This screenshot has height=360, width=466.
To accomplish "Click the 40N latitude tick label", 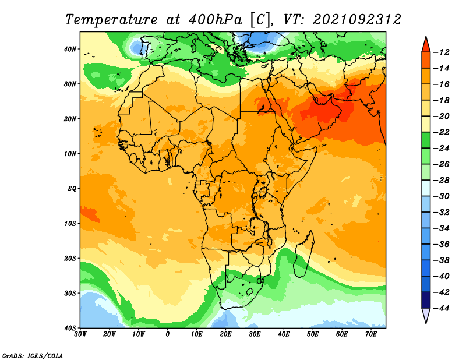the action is pos(70,49).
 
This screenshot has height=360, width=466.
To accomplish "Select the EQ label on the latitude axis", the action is pos(72,189).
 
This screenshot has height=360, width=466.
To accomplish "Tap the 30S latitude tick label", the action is pos(70,294).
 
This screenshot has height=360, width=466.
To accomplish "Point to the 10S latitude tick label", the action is pos(70,224).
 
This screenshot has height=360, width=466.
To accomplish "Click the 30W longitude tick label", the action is pos(80,334).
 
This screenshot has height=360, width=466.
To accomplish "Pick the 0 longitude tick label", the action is pos(168,334).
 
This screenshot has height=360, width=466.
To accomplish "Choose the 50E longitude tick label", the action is pos(313,334).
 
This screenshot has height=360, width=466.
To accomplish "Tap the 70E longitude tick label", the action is pos(371,334).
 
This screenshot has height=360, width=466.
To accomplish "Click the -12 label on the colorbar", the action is pos(442,52).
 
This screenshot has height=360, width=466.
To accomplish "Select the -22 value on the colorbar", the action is pos(442,132).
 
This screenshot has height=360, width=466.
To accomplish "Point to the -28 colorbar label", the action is pos(442,181).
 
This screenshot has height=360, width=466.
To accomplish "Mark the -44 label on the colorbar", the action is pos(442,308).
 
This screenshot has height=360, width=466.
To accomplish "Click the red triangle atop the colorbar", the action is pos(426,45).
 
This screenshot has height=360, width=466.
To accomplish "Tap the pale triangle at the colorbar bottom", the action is pos(426,315).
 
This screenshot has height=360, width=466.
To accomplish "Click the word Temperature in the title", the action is pos(111,20).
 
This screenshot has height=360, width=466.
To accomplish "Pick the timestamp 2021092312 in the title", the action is pos(357,20).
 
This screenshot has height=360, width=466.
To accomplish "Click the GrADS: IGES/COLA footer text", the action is pos(33,356).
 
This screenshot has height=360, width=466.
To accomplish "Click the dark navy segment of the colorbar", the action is pos(426,300).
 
